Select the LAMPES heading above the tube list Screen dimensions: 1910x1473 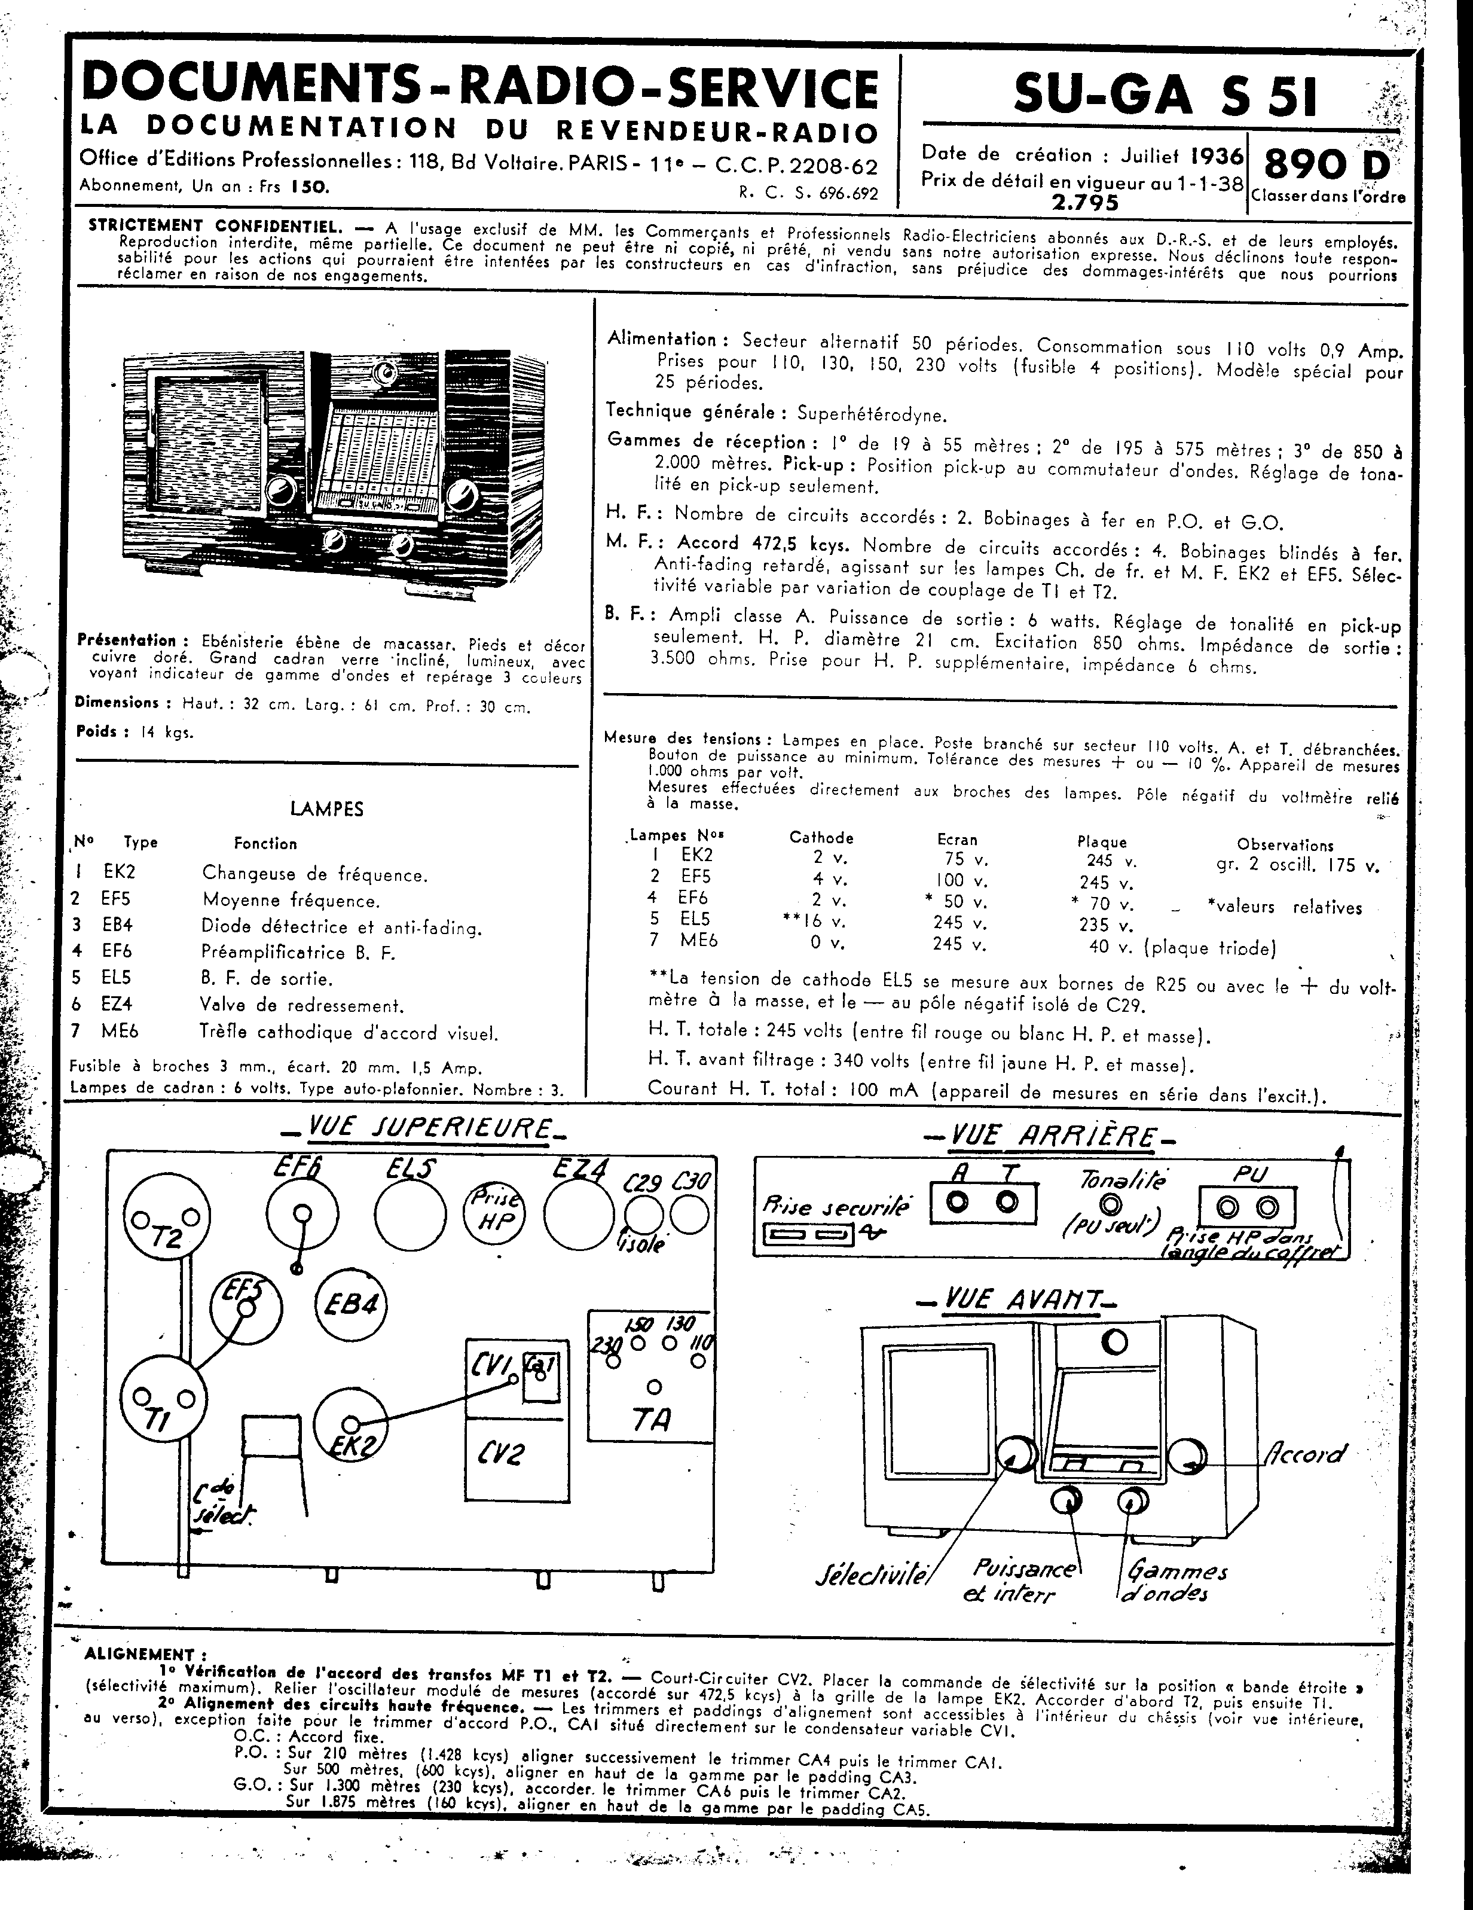coord(327,809)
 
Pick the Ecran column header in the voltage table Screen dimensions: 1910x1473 coord(956,838)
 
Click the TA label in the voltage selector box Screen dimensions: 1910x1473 coord(650,1420)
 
